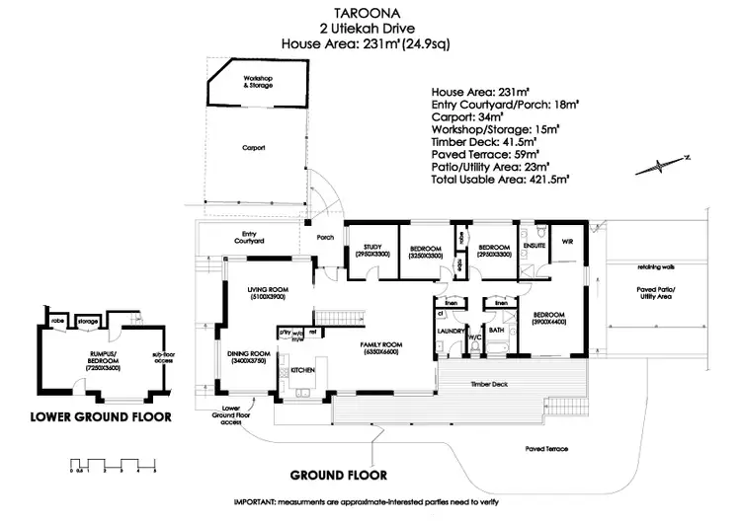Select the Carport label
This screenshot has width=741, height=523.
[x=254, y=147]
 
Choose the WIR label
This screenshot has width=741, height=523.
[x=568, y=241]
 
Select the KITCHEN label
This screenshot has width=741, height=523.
[x=302, y=370]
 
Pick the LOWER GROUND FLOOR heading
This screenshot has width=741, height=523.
[x=100, y=416]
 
